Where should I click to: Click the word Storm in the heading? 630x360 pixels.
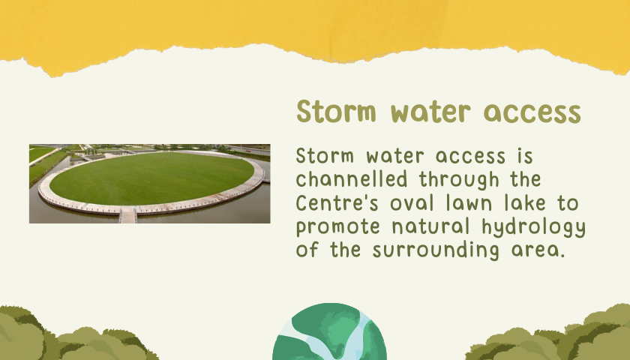click(336, 111)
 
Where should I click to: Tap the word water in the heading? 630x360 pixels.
click(430, 112)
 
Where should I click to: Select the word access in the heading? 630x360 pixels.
click(532, 113)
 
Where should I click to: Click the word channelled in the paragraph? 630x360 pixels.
click(352, 179)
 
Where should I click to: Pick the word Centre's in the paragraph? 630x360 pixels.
click(337, 202)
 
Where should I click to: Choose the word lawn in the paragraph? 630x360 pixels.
click(469, 203)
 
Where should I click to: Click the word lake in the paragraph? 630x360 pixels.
click(525, 203)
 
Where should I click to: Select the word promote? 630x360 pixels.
click(338, 227)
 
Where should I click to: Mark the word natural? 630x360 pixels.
click(430, 226)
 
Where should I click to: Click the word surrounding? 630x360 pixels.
click(436, 250)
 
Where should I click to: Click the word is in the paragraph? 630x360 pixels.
click(525, 156)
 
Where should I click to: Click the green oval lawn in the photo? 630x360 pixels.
click(151, 178)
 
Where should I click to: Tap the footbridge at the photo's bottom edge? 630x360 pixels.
click(128, 215)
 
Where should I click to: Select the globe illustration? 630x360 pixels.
click(329, 331)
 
